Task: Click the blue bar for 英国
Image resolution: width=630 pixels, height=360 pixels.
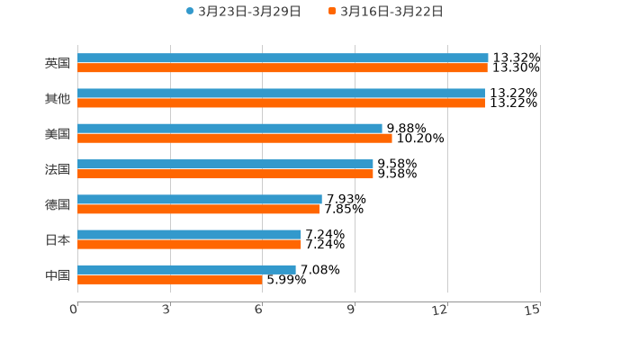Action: click(283, 58)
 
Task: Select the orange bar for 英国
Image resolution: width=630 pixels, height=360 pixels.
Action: click(283, 67)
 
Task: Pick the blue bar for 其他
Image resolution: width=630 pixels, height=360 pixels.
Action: click(281, 93)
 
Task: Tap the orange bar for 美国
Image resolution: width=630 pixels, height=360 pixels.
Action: click(235, 138)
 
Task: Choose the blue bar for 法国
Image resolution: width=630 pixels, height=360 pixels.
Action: click(225, 164)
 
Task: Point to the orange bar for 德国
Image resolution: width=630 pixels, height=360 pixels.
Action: click(198, 209)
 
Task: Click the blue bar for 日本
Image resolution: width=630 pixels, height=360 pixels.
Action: click(189, 234)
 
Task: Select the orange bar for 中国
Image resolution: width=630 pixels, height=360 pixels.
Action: click(170, 279)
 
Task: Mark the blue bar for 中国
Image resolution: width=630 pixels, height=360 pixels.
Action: click(186, 269)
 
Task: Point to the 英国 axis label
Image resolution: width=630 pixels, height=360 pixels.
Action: click(58, 63)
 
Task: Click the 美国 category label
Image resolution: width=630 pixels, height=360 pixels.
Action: click(58, 133)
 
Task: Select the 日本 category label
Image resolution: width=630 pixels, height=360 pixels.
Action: click(58, 239)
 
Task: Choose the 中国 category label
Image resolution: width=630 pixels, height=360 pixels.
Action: click(58, 274)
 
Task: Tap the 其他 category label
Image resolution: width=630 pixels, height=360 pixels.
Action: click(58, 98)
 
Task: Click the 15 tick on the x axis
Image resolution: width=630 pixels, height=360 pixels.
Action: click(533, 310)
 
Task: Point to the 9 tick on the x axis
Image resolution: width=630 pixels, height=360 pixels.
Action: click(352, 310)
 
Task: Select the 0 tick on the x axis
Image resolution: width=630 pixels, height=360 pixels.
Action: click(75, 310)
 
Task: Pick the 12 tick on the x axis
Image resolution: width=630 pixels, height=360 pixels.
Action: click(440, 310)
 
